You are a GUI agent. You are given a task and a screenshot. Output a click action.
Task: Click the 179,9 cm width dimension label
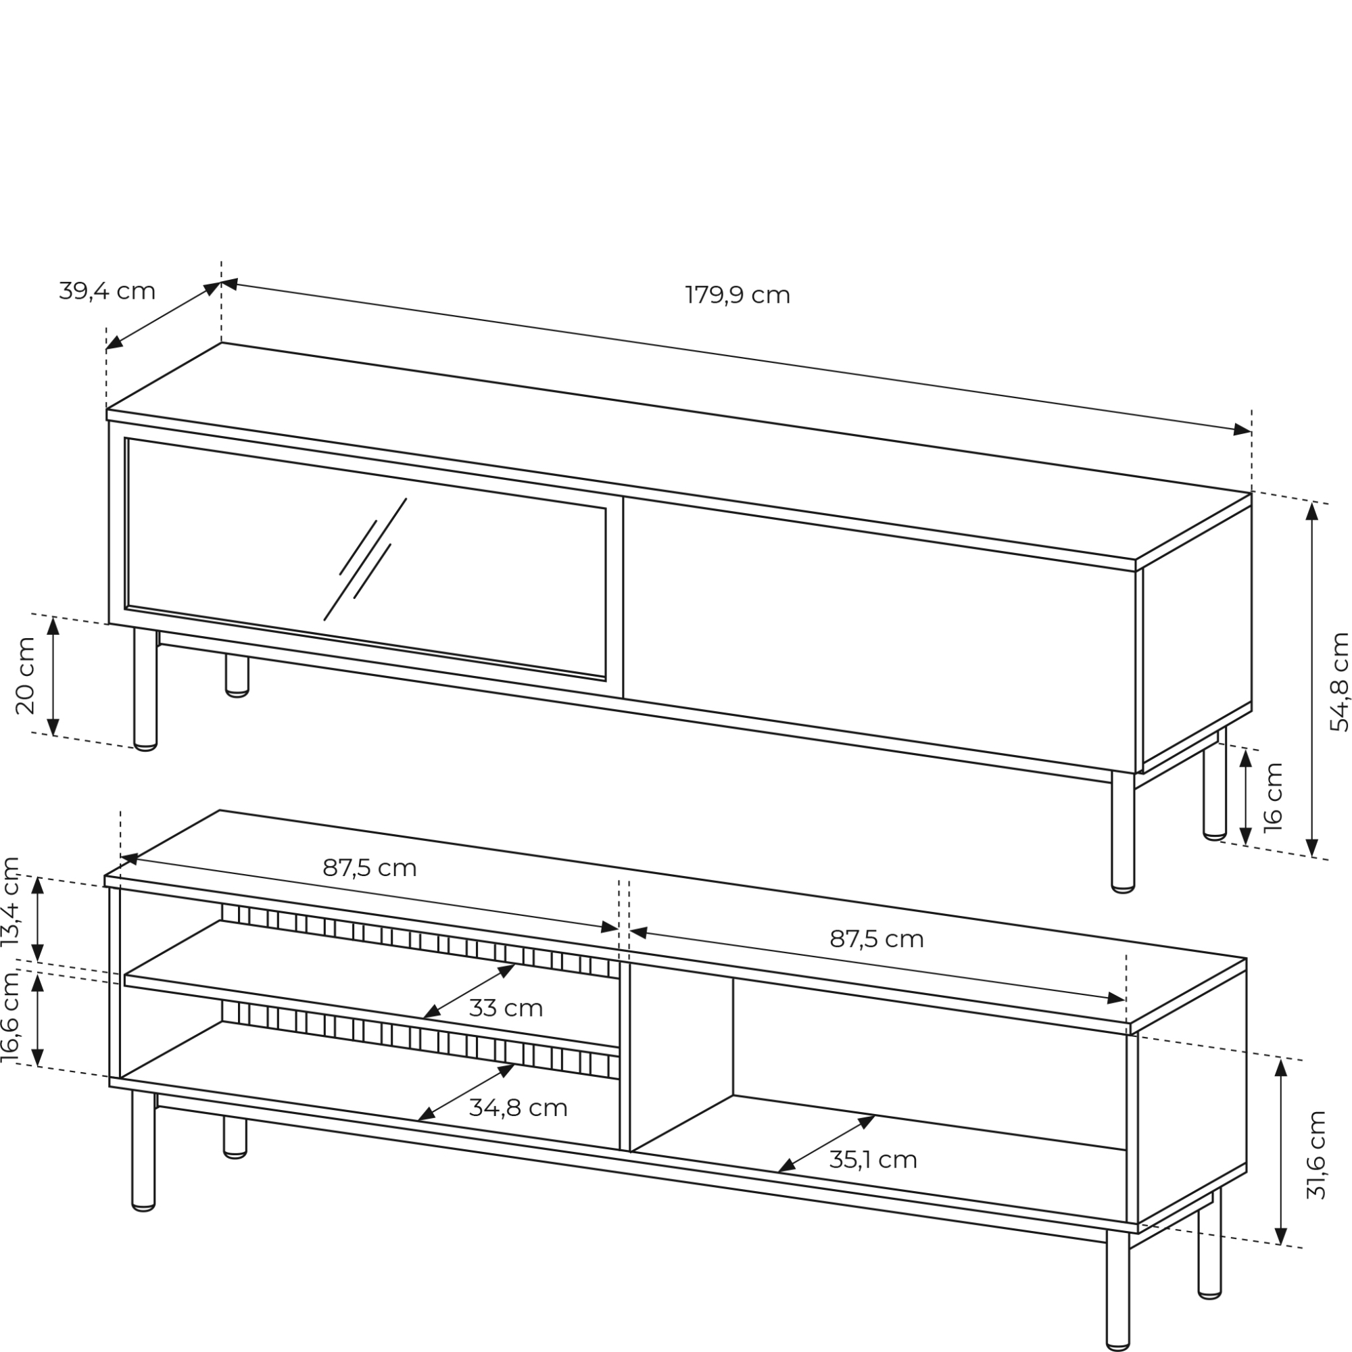[x=738, y=295]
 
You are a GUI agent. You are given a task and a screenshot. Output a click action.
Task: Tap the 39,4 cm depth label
[x=107, y=291]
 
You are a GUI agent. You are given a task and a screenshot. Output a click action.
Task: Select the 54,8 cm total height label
[x=1338, y=682]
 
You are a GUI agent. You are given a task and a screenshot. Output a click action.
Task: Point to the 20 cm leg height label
[x=25, y=675]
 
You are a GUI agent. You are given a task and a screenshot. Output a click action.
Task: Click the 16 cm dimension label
[x=1274, y=797]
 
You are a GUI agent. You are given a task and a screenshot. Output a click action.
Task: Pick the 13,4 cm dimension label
[x=11, y=902]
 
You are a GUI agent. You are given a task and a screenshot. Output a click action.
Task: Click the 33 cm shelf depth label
[x=506, y=1009]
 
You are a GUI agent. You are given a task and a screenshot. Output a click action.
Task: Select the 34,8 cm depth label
[x=518, y=1108]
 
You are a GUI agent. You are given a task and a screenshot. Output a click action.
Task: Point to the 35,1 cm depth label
[x=873, y=1159]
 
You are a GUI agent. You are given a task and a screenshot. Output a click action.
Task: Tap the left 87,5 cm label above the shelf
[x=370, y=868]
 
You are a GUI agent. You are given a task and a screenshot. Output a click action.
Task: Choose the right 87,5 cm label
[x=877, y=938]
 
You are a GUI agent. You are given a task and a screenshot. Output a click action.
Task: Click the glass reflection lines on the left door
[x=365, y=558]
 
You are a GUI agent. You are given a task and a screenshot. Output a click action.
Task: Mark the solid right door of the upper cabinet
[x=879, y=634]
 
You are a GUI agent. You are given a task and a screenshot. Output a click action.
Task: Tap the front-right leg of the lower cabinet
[x=1117, y=1290]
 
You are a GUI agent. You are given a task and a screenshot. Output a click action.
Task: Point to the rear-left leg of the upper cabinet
[x=237, y=676]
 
